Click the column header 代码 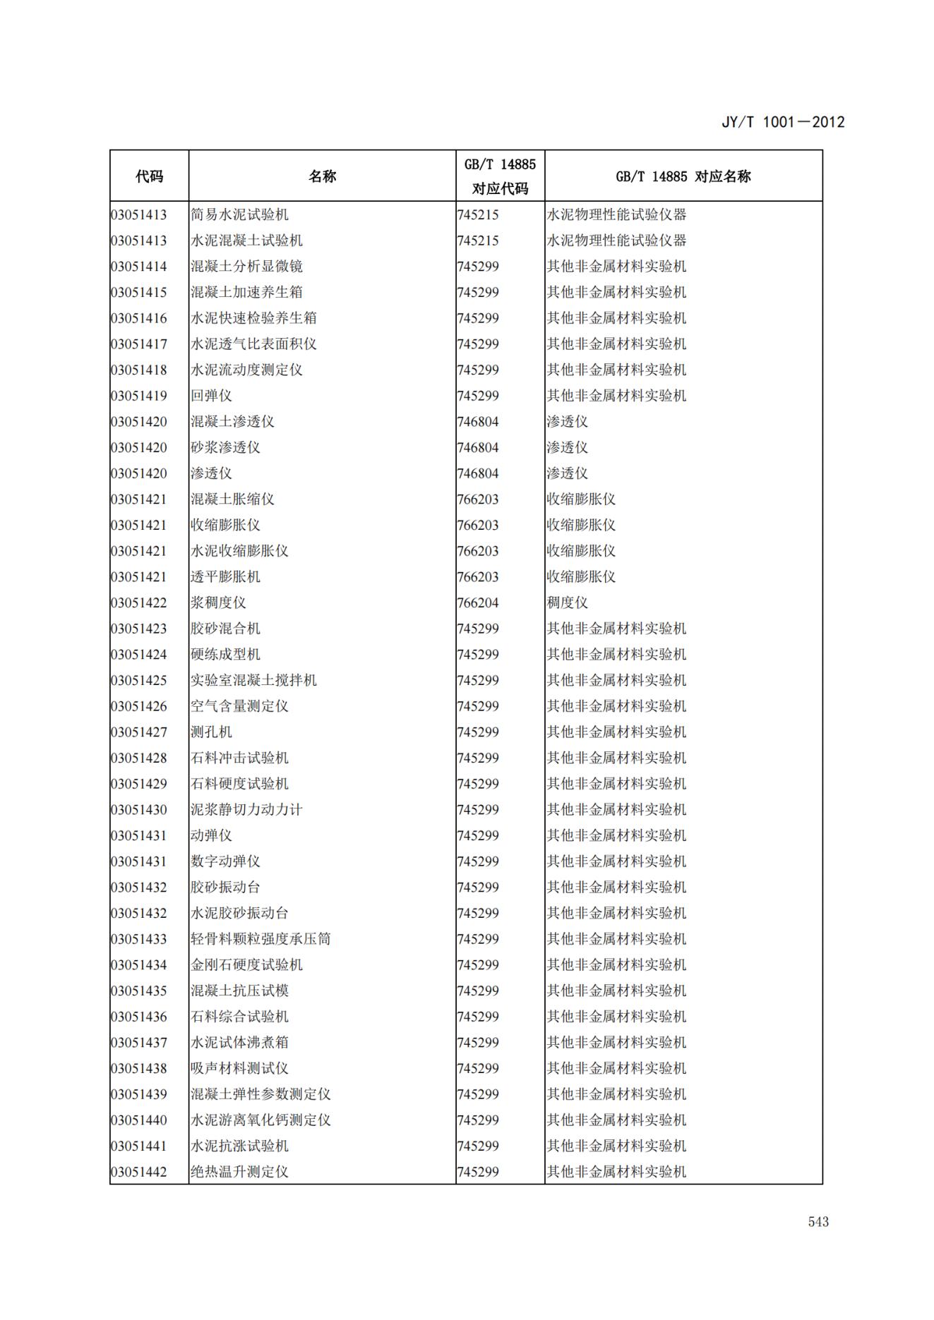pos(149,176)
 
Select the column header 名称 pos(322,176)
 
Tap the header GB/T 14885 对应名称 pos(683,176)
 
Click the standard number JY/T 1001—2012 pos(783,122)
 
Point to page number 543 pos(818,1222)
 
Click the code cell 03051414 pos(139,267)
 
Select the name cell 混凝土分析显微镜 pos(246,267)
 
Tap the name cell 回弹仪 pos(211,396)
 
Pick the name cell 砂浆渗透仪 pos(225,447)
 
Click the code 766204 pos(478,603)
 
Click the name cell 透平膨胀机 pos(225,577)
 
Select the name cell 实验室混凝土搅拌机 pos(253,680)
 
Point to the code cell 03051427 pos(139,732)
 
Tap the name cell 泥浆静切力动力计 pos(246,810)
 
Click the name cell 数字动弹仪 pos(225,861)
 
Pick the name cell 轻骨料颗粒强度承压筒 pos(261,939)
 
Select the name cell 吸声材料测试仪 pos(239,1068)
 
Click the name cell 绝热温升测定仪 pos(239,1172)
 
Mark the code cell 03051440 pos(139,1120)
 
